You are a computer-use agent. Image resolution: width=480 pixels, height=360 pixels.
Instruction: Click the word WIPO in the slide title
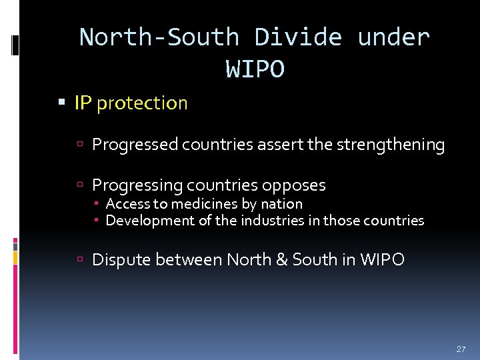(255, 69)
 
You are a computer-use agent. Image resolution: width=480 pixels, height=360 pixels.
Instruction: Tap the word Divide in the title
(299, 37)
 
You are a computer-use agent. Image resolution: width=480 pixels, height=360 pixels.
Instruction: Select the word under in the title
(393, 37)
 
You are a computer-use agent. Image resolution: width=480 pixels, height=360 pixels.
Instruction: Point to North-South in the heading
(159, 37)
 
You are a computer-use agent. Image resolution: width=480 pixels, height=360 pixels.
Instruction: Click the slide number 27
(461, 349)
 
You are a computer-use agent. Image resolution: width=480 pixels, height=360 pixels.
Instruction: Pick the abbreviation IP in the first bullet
(83, 103)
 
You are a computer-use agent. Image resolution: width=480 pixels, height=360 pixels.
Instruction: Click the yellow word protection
(142, 103)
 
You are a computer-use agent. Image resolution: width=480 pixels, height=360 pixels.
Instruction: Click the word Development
(150, 221)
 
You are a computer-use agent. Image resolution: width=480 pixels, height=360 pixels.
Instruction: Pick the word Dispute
(123, 260)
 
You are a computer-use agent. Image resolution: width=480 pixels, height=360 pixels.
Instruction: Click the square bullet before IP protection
(62, 103)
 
